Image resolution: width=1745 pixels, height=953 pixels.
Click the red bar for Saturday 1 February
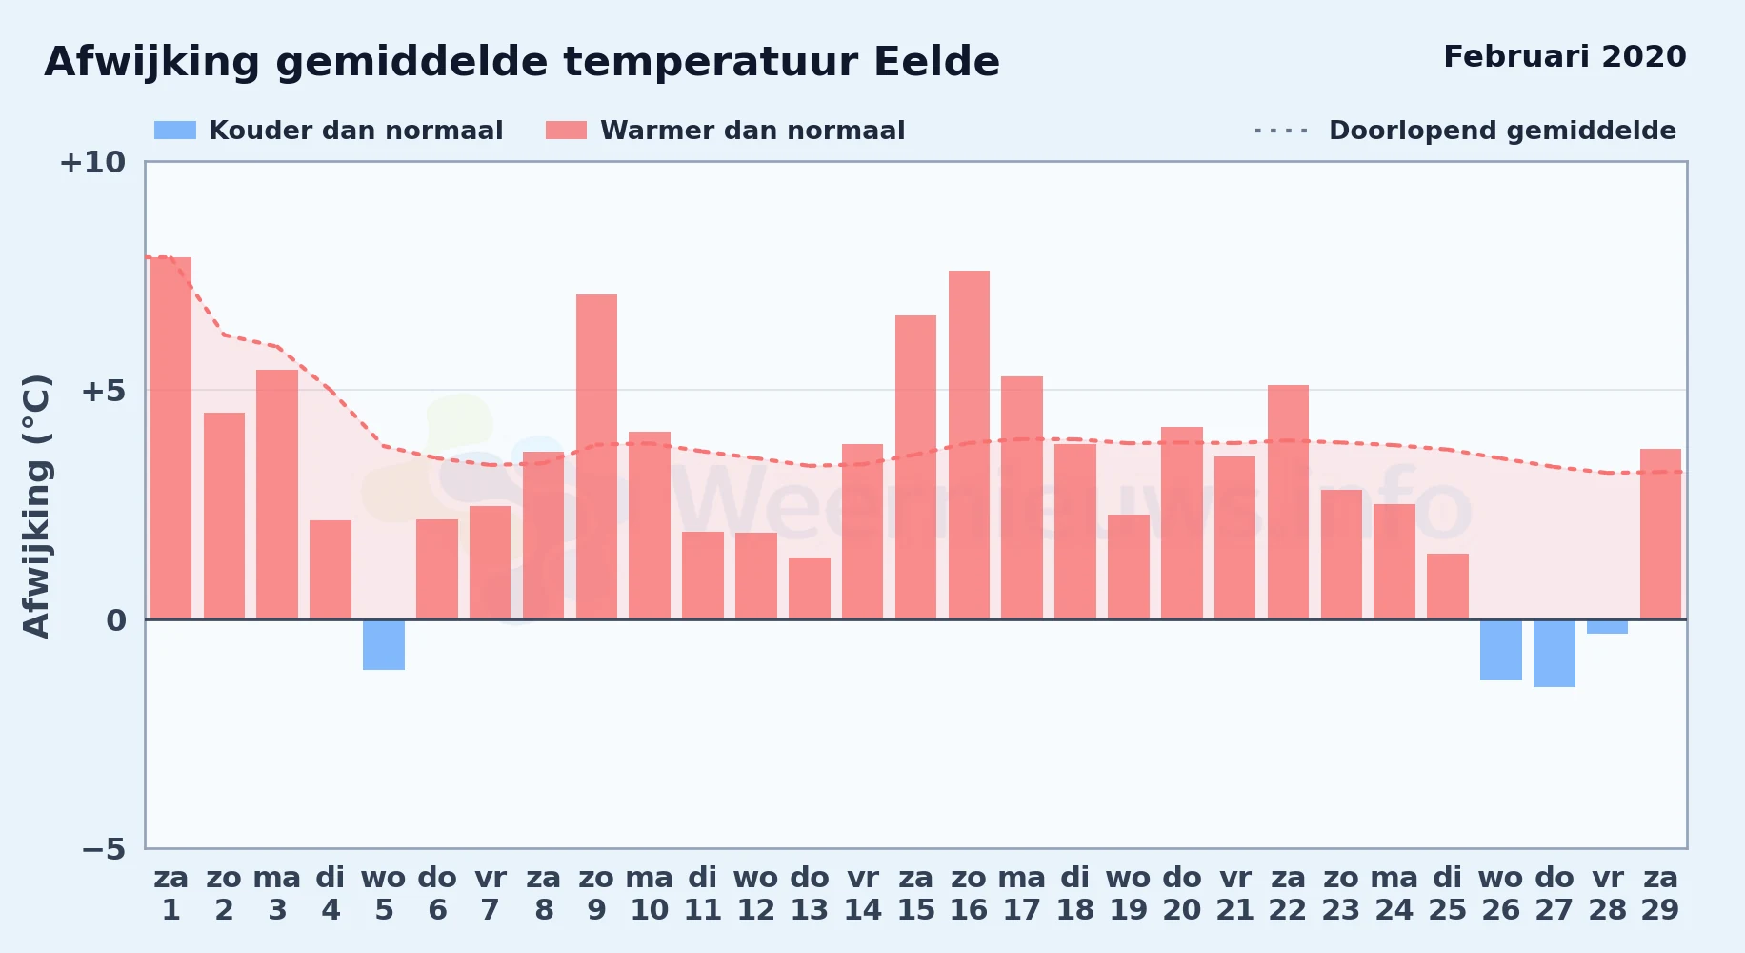pyautogui.click(x=170, y=438)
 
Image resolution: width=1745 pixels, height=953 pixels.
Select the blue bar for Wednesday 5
pyautogui.click(x=384, y=645)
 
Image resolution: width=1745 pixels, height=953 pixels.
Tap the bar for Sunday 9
pyautogui.click(x=596, y=457)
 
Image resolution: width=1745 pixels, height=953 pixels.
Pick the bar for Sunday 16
pyautogui.click(x=969, y=445)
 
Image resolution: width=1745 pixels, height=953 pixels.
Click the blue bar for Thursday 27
pyautogui.click(x=1554, y=654)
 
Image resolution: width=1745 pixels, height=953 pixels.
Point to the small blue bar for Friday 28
pyautogui.click(x=1608, y=627)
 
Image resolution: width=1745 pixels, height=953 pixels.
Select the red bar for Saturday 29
pyautogui.click(x=1660, y=534)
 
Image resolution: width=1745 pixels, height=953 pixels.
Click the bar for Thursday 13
pyautogui.click(x=810, y=588)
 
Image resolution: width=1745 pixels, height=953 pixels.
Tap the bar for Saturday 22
pyautogui.click(x=1288, y=502)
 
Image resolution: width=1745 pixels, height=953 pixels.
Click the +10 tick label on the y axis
pyautogui.click(x=92, y=162)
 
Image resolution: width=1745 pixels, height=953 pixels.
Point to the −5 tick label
pyautogui.click(x=103, y=848)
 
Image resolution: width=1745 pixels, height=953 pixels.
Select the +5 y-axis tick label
pyautogui.click(x=103, y=391)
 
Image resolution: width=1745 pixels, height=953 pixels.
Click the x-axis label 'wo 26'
pyautogui.click(x=1500, y=894)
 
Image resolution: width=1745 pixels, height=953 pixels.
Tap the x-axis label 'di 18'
pyautogui.click(x=1075, y=894)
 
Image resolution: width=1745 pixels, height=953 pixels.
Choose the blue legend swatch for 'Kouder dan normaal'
pyautogui.click(x=175, y=131)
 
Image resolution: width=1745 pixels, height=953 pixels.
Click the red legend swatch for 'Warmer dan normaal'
pyautogui.click(x=567, y=131)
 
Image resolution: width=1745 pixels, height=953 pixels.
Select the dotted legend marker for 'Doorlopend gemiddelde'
pyautogui.click(x=1282, y=131)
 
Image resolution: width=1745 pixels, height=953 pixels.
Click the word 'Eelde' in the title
pyautogui.click(x=936, y=62)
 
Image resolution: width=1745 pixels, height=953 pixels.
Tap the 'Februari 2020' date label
pyautogui.click(x=1565, y=56)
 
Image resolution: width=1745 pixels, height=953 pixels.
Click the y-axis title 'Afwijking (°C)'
pyautogui.click(x=36, y=506)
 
